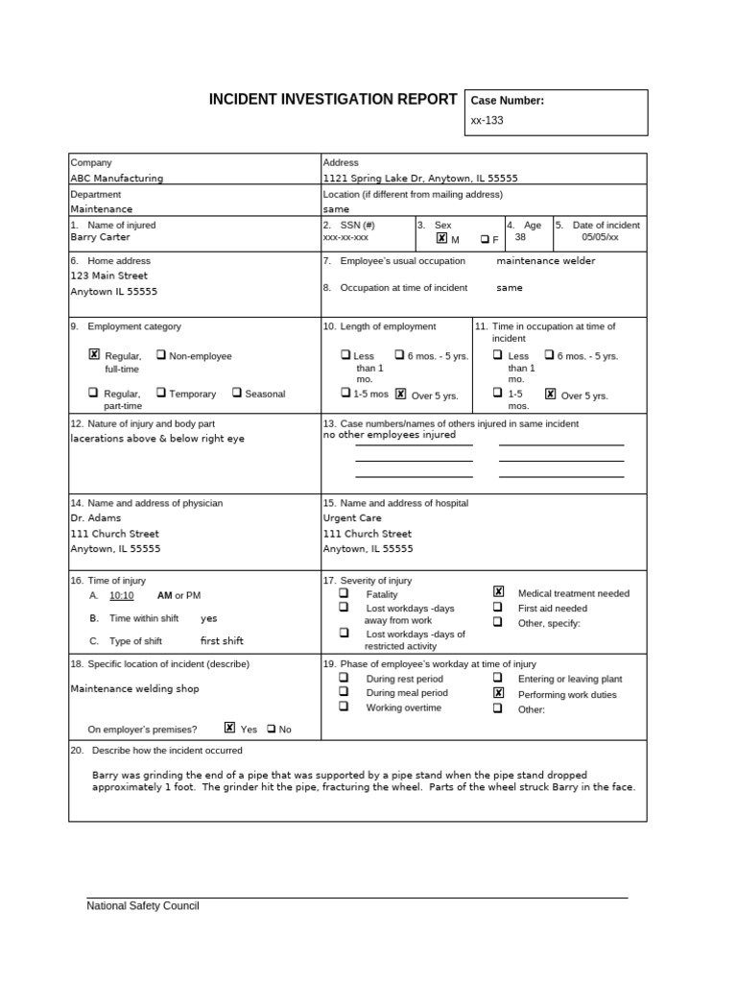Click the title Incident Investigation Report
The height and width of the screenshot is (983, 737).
[x=333, y=100]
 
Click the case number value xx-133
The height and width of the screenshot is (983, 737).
[x=487, y=121]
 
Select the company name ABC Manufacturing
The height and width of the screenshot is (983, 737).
[x=116, y=179]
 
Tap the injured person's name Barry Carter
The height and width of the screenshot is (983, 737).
[x=100, y=237]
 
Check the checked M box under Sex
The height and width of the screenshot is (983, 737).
[x=441, y=238]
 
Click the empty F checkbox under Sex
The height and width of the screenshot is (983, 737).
[x=486, y=239]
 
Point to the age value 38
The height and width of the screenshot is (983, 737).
[x=520, y=237]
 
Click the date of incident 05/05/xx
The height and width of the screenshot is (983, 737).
[x=600, y=237]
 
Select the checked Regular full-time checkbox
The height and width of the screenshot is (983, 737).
[x=94, y=354]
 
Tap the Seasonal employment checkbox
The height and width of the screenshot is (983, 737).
[x=236, y=393]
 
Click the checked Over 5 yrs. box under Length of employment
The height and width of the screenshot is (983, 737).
[x=401, y=394]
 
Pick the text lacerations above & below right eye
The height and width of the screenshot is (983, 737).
[x=157, y=439]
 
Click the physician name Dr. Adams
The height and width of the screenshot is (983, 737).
[x=96, y=518]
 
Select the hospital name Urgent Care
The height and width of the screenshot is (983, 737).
[x=352, y=518]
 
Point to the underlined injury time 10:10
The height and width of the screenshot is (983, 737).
[x=122, y=596]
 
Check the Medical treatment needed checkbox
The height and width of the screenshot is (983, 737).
[x=498, y=592]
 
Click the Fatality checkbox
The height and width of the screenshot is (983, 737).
[x=344, y=593]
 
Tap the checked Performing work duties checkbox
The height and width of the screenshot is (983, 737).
[x=498, y=693]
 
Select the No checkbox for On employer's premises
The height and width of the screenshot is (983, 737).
[x=272, y=729]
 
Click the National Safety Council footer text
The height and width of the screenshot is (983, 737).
[x=143, y=906]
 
